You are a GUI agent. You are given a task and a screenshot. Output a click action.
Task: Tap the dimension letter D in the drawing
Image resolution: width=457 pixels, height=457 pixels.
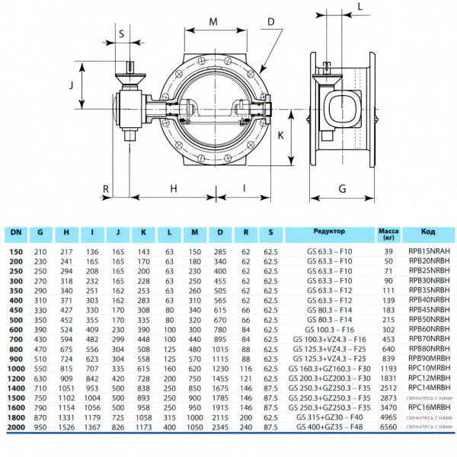tap(270, 22)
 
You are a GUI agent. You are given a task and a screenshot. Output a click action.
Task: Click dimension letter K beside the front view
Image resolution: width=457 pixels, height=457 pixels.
tap(281, 135)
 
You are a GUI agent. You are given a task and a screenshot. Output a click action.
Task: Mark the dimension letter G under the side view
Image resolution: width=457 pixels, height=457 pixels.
tap(343, 187)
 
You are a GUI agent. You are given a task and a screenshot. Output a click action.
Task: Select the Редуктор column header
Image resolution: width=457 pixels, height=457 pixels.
tap(329, 231)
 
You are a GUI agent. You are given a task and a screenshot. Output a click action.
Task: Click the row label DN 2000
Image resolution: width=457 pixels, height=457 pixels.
tap(16, 449)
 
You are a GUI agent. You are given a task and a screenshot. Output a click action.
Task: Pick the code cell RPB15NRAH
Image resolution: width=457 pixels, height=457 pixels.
tap(429, 251)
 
